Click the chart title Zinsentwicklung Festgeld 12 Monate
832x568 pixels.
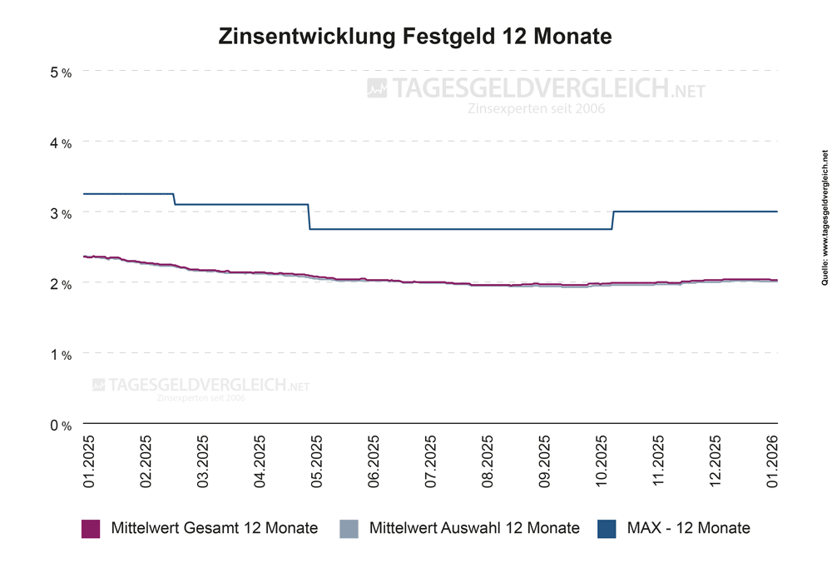pos(415,37)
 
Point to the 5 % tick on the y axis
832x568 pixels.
pos(61,72)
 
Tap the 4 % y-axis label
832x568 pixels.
pos(61,143)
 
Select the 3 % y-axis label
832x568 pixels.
pos(61,214)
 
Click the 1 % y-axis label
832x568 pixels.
pos(61,355)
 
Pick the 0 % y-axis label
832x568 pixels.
pos(61,426)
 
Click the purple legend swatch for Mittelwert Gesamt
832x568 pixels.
pos(91,528)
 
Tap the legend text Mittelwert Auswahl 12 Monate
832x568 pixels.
pos(473,528)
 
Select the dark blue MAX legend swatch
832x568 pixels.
pos(607,528)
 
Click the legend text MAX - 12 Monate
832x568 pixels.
pos(688,528)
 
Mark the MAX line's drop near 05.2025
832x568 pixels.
pos(309,217)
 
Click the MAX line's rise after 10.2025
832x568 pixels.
pos(613,220)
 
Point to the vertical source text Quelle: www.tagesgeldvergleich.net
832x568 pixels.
pos(824,229)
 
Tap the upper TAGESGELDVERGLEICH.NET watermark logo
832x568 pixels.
pos(537,88)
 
